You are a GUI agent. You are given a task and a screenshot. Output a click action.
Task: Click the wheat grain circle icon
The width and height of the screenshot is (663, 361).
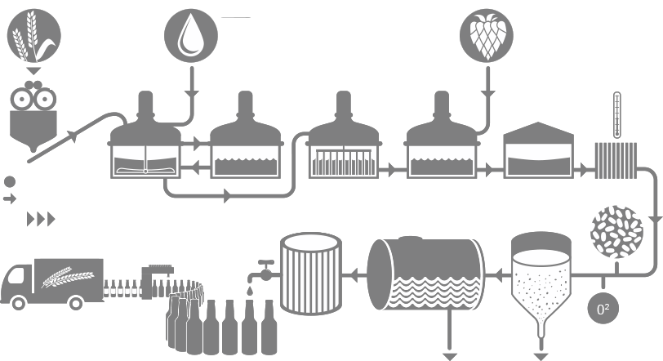coord(33,37)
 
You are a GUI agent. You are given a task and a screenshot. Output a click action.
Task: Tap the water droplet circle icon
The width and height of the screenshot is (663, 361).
coord(191,36)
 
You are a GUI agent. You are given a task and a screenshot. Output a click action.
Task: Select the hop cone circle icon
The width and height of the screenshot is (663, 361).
coord(487,35)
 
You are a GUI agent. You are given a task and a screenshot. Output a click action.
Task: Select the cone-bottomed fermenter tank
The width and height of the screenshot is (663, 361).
coord(540,277)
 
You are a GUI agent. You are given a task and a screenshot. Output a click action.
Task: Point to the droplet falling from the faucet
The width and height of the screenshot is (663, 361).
coord(250,291)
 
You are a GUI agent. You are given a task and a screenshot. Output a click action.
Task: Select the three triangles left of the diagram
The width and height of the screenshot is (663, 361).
coord(41,219)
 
